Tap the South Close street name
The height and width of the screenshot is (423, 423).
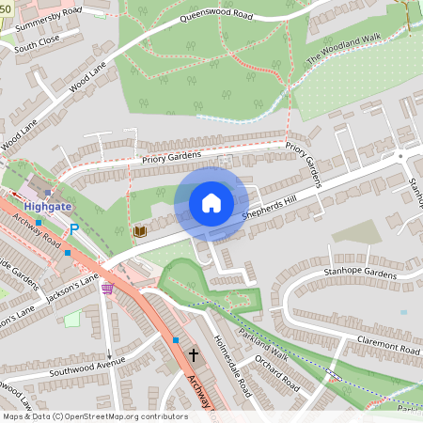pyautogui.click(x=37, y=43)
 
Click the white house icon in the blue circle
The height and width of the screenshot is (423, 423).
pyautogui.click(x=211, y=202)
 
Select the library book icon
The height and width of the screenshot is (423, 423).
pyautogui.click(x=139, y=231)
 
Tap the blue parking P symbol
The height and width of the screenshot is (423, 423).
pyautogui.click(x=73, y=228)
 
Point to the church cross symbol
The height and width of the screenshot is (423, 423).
pyautogui.click(x=195, y=356)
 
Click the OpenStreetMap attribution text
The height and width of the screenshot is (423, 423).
pyautogui.click(x=95, y=416)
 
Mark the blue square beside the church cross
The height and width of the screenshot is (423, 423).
pyautogui.click(x=176, y=339)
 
